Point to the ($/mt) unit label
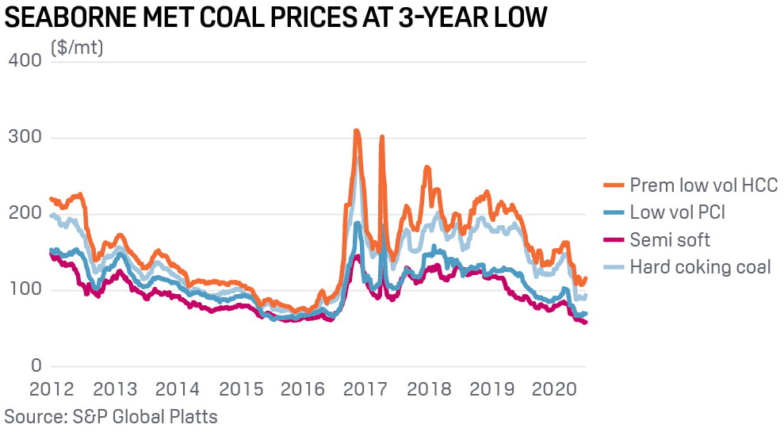point(77,48)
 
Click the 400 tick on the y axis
point(25,61)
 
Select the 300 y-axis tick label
point(25,138)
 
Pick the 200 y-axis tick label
point(25,214)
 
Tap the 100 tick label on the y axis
point(25,291)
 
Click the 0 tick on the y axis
point(35,366)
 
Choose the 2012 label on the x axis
point(52,390)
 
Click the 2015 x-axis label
point(241,390)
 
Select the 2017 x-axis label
point(367,390)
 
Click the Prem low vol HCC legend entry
point(703,185)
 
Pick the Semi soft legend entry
point(670,239)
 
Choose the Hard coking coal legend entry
point(700,266)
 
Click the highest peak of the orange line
point(357,131)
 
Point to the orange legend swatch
point(613,186)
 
